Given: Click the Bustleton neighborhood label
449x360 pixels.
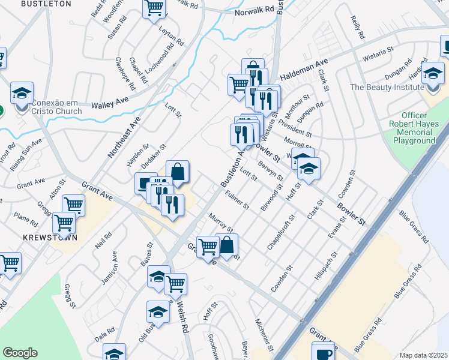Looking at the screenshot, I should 46,4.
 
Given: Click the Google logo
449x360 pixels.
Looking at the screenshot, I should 20,353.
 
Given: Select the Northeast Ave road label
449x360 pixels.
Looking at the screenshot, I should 124,137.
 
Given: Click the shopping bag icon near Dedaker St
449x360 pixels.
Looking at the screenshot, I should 178,173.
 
